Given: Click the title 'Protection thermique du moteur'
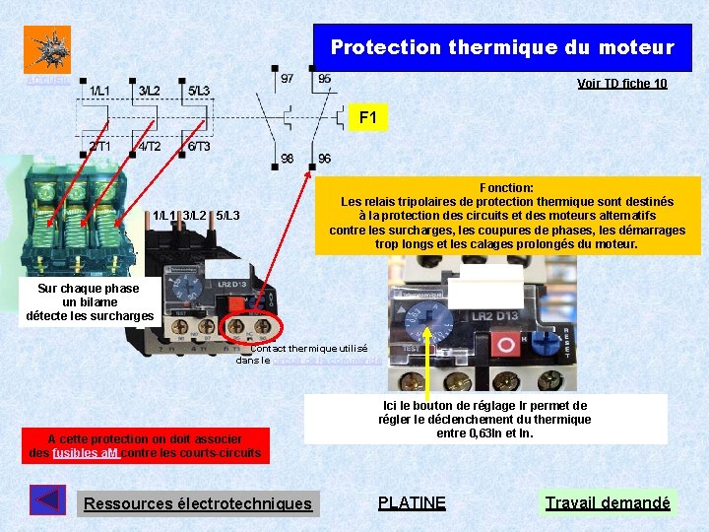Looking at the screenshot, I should pyautogui.click(x=502, y=47).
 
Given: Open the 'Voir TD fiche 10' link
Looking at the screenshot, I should pyautogui.click(x=621, y=84).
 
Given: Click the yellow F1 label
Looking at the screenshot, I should pyautogui.click(x=367, y=118).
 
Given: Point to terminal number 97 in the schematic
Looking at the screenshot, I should pyautogui.click(x=287, y=78).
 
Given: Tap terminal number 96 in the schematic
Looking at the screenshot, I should pyautogui.click(x=324, y=159).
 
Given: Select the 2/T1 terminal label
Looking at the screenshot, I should pyautogui.click(x=100, y=147).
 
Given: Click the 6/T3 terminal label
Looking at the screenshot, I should pyautogui.click(x=198, y=147).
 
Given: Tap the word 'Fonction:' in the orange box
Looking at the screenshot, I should pyautogui.click(x=506, y=187).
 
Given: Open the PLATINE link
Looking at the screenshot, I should pyautogui.click(x=412, y=503).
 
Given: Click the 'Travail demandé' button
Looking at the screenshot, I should pyautogui.click(x=608, y=503).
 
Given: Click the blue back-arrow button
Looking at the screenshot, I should pyautogui.click(x=47, y=500).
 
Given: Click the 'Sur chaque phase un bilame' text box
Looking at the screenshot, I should pyautogui.click(x=90, y=302).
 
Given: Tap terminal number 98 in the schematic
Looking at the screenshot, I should pyautogui.click(x=287, y=159).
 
